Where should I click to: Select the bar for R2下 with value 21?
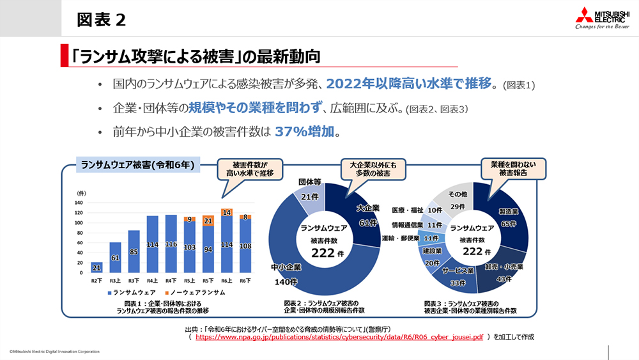pos(97,268)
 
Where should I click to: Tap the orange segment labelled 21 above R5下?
pos(208,221)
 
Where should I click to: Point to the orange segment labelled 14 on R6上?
pos(227,212)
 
